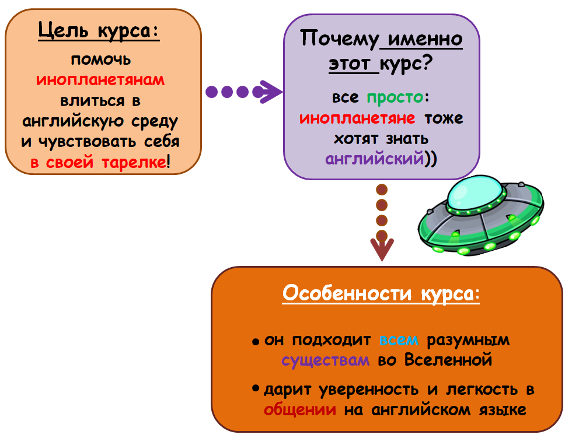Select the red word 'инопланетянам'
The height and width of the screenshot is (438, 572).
coord(100,80)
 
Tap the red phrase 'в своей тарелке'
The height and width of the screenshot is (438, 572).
coord(98,162)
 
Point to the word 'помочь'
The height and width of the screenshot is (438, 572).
coord(100,60)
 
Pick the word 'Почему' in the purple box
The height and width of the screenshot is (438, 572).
coord(339,40)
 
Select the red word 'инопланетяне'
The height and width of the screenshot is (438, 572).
coord(358,118)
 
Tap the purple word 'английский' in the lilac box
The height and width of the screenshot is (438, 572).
coord(374,159)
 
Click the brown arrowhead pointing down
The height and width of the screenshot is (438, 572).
coord(382,250)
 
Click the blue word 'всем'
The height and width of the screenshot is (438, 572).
coord(399,340)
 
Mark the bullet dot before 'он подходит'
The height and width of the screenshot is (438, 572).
coord(256,341)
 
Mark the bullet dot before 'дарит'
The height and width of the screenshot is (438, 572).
coord(256,388)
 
